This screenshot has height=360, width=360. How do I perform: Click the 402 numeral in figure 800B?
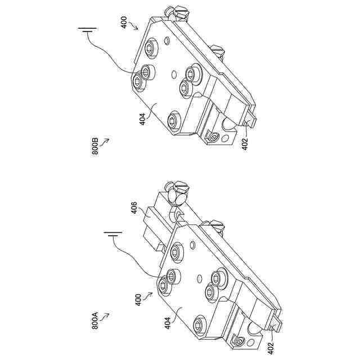point(245,143)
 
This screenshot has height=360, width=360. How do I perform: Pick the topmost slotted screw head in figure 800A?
point(181,186)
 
